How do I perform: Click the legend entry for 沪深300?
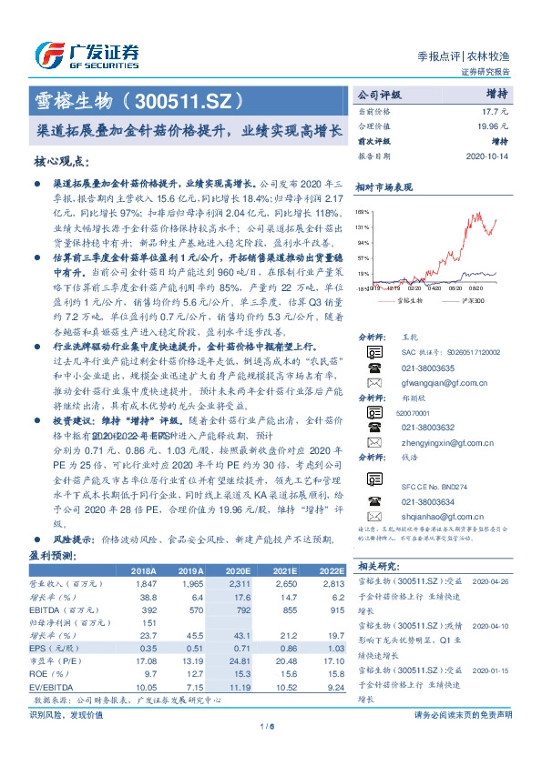point(474,298)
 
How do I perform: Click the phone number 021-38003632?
point(426,426)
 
